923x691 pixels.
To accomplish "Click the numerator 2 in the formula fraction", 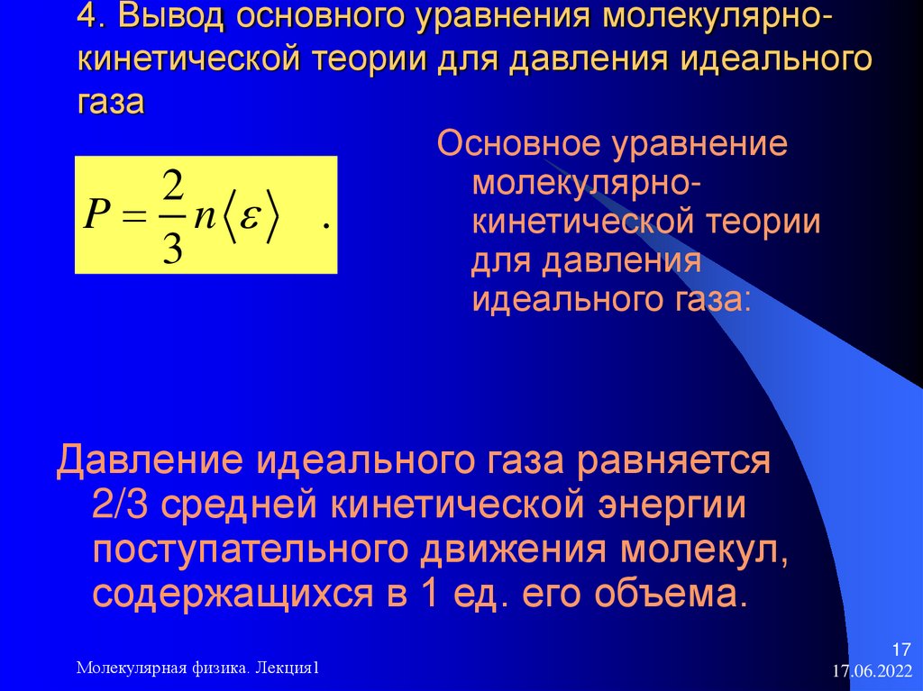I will coord(174,189).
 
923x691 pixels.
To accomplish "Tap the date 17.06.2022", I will coord(872,672).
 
